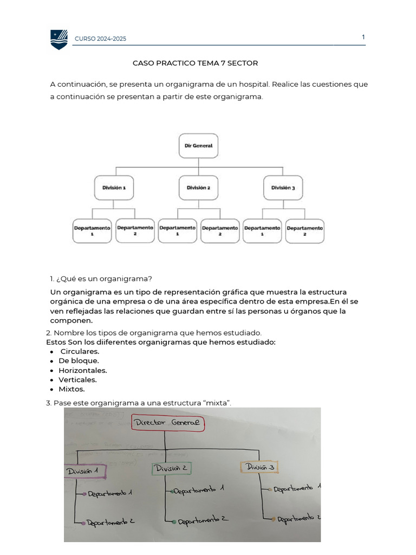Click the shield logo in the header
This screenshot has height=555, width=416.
click(x=59, y=39)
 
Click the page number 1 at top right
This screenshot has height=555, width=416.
click(x=363, y=37)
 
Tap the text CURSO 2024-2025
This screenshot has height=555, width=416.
click(x=101, y=39)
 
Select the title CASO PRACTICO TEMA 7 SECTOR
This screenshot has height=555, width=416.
click(x=195, y=63)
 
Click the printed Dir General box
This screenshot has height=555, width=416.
click(x=198, y=146)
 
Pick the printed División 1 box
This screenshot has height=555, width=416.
click(x=114, y=188)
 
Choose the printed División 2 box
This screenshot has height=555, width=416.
click(x=198, y=188)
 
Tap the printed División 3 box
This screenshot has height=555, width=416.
click(x=283, y=188)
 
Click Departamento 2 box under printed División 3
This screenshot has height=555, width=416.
click(x=304, y=231)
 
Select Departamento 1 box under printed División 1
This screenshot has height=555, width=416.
click(x=92, y=231)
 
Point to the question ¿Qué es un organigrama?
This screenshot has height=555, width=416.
click(x=101, y=279)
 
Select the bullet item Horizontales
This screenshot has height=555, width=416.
click(x=82, y=370)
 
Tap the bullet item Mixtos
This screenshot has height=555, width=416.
click(x=71, y=389)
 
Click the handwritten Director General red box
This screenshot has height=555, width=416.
click(x=168, y=422)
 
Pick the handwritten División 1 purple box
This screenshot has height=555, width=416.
click(x=85, y=472)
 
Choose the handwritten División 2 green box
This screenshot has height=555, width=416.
click(x=172, y=468)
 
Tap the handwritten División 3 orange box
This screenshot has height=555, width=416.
click(x=259, y=467)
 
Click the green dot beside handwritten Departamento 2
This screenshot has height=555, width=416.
click(x=174, y=522)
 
